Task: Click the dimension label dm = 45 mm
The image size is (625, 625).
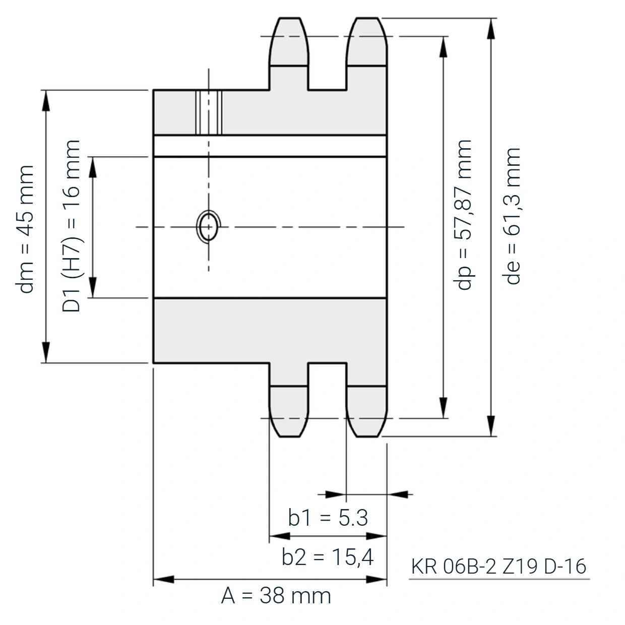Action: point(25,229)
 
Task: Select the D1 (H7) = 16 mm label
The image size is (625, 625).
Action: point(71,226)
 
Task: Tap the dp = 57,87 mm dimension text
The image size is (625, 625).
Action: point(463,215)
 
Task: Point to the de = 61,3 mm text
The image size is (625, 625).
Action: point(511,216)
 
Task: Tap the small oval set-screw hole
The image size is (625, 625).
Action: point(208,227)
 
